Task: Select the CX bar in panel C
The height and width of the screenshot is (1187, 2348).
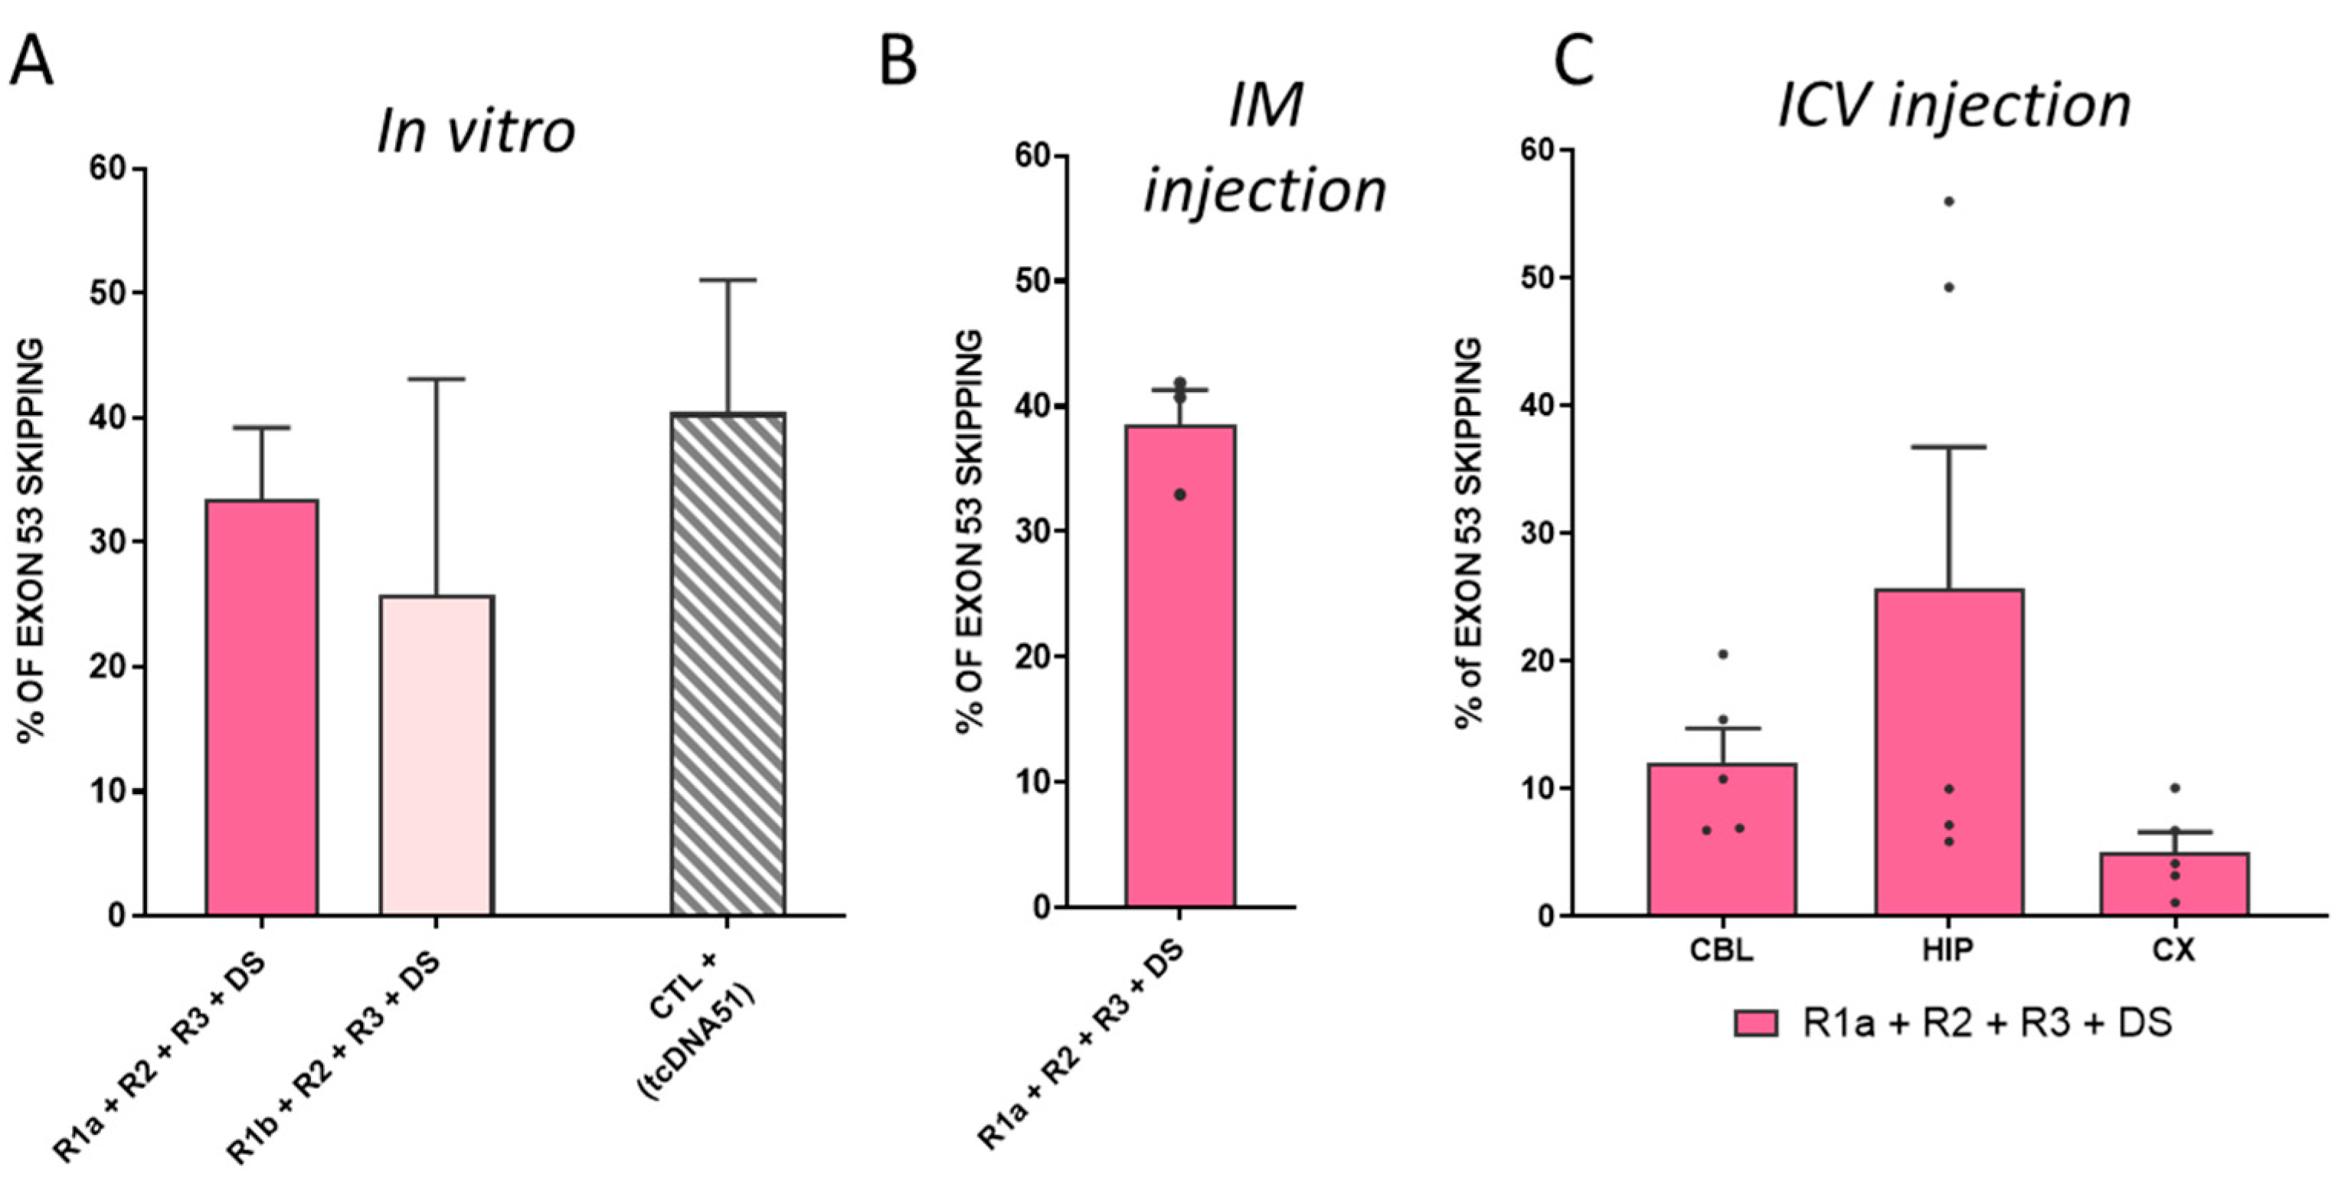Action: tap(2175, 884)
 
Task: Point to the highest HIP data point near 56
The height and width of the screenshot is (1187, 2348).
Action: tap(1949, 201)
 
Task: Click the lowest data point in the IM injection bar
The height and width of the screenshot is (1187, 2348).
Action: tap(1179, 495)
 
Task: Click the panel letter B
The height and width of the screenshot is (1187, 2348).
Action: tap(898, 62)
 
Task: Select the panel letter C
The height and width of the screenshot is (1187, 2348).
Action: tap(1575, 62)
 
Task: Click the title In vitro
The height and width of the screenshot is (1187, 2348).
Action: tap(476, 130)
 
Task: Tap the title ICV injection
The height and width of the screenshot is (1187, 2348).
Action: tap(1954, 105)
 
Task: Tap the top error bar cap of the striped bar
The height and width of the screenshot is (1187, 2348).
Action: tap(728, 280)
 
